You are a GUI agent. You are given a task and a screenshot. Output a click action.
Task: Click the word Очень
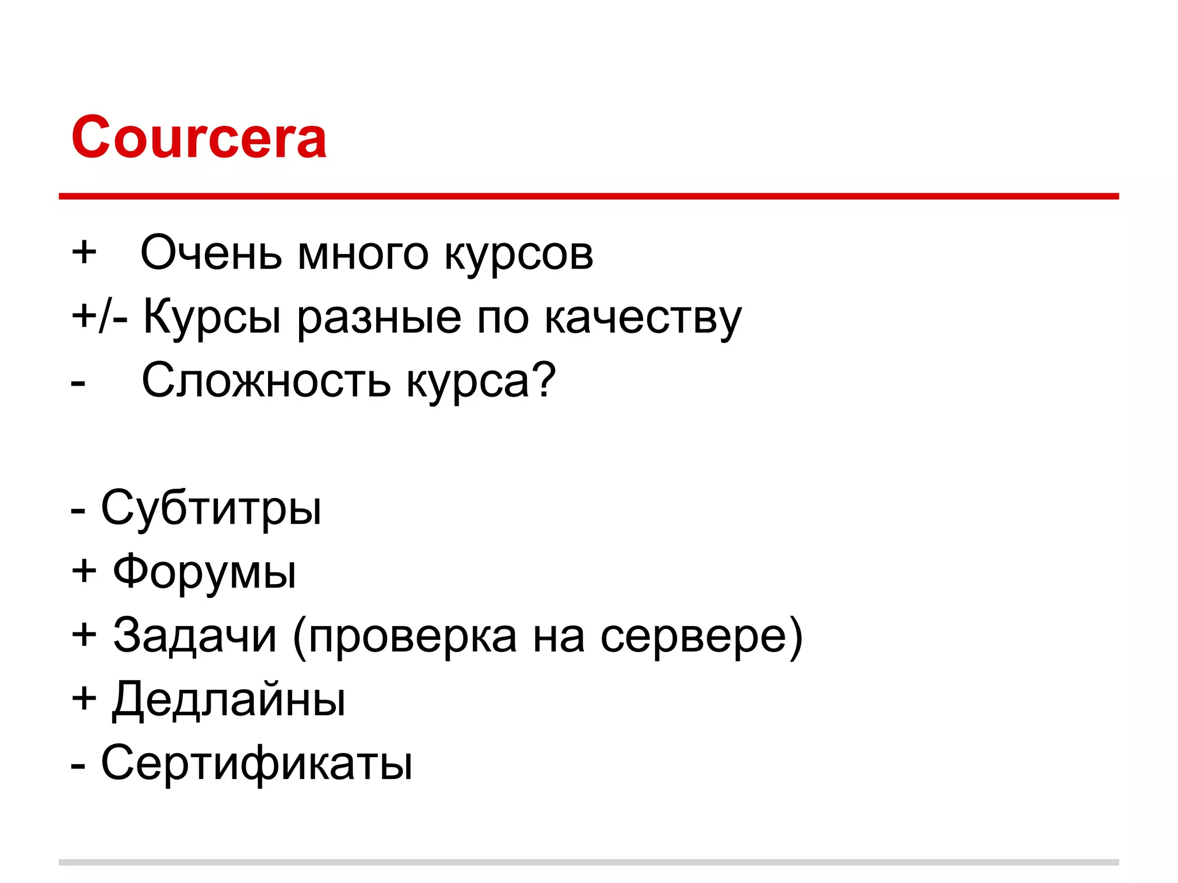tap(211, 253)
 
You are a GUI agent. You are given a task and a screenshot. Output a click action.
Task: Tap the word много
tap(363, 254)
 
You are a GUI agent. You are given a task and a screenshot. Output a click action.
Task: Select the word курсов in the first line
tap(519, 254)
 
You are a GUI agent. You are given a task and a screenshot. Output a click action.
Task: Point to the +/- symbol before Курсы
tap(100, 317)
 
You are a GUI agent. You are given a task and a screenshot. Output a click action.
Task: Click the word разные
tap(379, 318)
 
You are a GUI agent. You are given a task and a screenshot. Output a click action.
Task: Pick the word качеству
tap(643, 318)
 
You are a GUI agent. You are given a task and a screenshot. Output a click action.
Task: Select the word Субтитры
tap(211, 508)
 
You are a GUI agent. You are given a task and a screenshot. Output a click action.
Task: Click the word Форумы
tap(205, 572)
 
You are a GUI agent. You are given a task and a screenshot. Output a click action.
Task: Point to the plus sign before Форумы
tap(84, 571)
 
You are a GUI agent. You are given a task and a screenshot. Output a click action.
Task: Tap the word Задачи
tap(195, 635)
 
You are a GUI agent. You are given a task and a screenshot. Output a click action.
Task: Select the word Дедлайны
tap(228, 700)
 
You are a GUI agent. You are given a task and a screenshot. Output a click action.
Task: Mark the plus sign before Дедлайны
tap(84, 698)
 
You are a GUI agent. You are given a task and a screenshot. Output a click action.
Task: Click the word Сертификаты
tap(257, 763)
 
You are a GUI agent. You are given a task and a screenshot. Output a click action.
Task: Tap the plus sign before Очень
tap(84, 252)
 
